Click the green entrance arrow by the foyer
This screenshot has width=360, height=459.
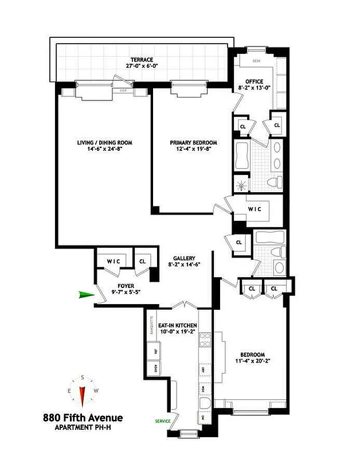[86, 294]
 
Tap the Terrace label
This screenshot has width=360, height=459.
[141, 59]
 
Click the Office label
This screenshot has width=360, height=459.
[253, 81]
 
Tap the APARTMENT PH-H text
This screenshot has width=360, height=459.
[83, 427]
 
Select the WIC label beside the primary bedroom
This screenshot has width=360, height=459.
[255, 209]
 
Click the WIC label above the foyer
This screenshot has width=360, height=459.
[114, 262]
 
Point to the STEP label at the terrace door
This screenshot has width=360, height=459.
[122, 91]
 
